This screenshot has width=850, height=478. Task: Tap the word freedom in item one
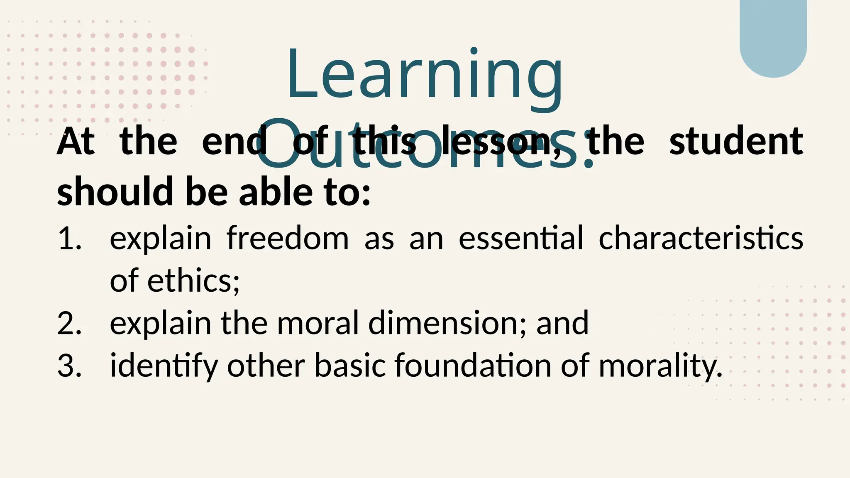(x=288, y=239)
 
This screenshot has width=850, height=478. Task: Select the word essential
(x=521, y=239)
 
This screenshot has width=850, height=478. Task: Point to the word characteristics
(x=701, y=239)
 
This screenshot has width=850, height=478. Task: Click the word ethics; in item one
(x=193, y=281)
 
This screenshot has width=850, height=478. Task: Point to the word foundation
(x=473, y=366)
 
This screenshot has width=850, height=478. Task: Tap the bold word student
(x=736, y=142)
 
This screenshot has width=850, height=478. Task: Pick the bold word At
(x=76, y=142)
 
